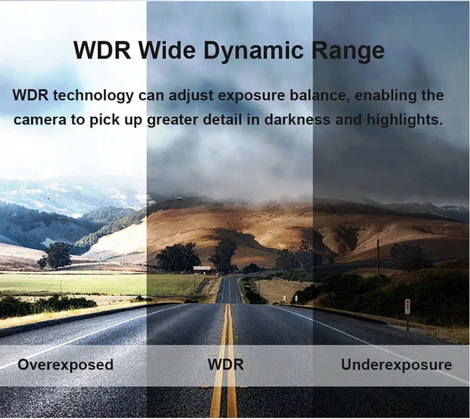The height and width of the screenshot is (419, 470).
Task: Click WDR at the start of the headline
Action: [102, 50]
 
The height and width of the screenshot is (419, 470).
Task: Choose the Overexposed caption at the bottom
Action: [66, 365]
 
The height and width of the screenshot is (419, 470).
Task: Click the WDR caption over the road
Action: [226, 365]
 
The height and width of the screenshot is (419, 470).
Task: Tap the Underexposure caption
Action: [396, 365]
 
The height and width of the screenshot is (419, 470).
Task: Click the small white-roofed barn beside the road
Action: [202, 269]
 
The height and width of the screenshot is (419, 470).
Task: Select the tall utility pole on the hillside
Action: [378, 259]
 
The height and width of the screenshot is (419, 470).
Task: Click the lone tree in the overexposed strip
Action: [57, 255]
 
